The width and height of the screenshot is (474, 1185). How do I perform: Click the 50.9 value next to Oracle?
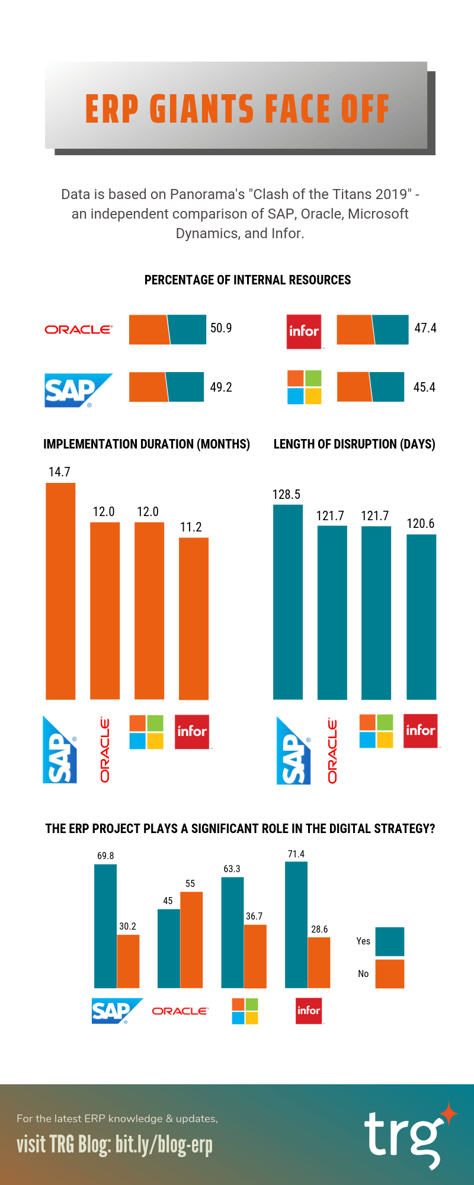(221, 328)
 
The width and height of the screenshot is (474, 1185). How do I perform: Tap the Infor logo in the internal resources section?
(304, 331)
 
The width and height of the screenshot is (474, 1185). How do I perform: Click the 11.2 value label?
(191, 527)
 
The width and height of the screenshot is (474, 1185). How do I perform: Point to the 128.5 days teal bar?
(288, 601)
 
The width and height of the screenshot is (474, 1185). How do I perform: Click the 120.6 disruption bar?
(421, 616)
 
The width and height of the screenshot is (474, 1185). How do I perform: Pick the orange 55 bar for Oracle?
(191, 940)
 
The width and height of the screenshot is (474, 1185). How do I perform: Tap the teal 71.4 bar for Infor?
(296, 924)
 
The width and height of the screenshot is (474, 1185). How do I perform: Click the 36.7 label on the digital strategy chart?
(254, 916)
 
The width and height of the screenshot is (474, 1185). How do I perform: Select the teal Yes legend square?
(390, 941)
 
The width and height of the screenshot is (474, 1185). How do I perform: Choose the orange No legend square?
(390, 974)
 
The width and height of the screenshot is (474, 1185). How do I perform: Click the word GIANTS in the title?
(201, 109)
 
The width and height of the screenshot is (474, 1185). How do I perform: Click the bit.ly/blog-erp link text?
(164, 1145)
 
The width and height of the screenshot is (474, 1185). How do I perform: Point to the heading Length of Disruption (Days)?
(354, 444)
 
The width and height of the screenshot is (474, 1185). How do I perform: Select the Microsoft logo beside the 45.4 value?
(305, 387)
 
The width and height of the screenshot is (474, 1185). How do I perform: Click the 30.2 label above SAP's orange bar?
(127, 926)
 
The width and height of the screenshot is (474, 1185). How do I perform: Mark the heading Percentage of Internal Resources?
(248, 280)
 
